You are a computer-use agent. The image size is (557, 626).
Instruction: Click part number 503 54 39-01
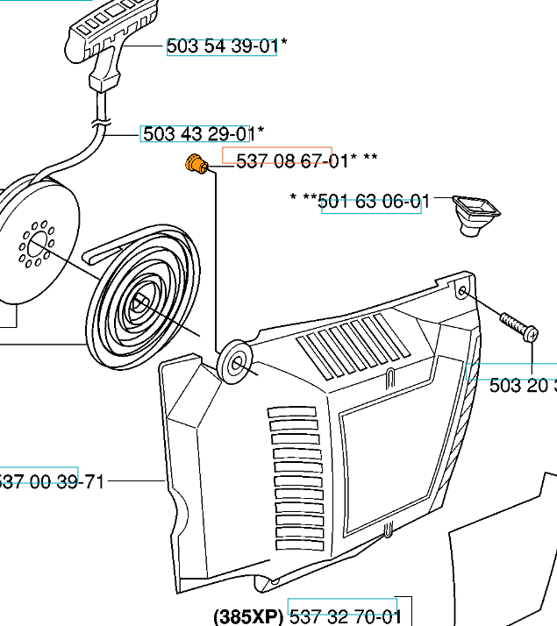[x=221, y=47]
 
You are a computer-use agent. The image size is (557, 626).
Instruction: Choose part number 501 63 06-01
[x=374, y=203]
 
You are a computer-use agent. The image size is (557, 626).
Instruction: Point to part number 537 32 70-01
[x=345, y=616]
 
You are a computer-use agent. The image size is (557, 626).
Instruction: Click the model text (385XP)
[x=248, y=616]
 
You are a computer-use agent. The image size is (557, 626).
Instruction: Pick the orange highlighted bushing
[x=196, y=163]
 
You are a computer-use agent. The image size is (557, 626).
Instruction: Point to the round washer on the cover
[x=235, y=359]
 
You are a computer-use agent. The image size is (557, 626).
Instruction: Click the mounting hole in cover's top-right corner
[x=461, y=289]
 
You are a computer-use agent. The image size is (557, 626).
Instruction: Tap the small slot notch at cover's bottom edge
[x=387, y=530]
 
